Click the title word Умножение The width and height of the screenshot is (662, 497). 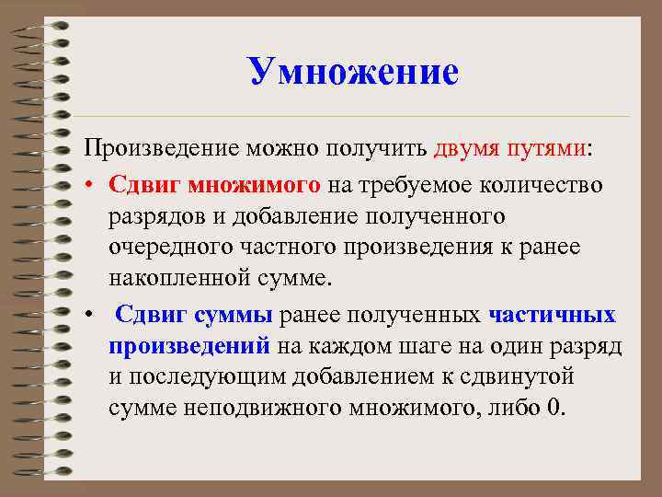[x=353, y=71]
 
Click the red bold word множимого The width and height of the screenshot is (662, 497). [x=254, y=185]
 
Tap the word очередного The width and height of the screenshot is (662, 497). [x=168, y=248]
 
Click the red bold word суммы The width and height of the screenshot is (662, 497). [x=233, y=315]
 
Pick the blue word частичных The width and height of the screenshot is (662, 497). [x=553, y=315]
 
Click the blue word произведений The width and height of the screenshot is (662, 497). [x=189, y=346]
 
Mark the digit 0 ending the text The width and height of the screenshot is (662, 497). [x=552, y=409]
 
